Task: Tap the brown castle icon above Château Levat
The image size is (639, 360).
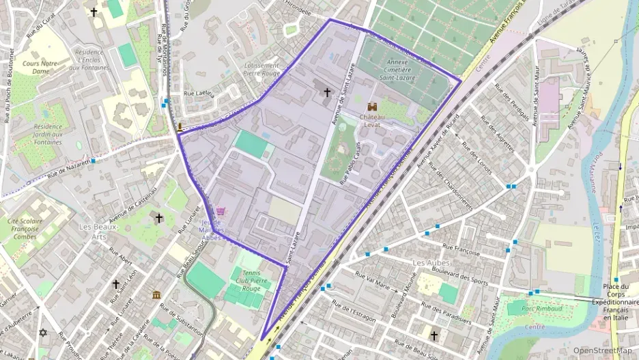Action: [373, 107]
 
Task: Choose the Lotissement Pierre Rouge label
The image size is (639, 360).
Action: [261, 66]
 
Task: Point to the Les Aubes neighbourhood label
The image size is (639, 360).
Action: [429, 262]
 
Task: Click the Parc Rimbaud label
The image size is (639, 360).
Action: [542, 309]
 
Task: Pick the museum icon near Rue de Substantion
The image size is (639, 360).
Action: [156, 295]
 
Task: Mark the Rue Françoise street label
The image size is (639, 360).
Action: [461, 249]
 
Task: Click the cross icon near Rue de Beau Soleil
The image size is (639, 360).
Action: [433, 335]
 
